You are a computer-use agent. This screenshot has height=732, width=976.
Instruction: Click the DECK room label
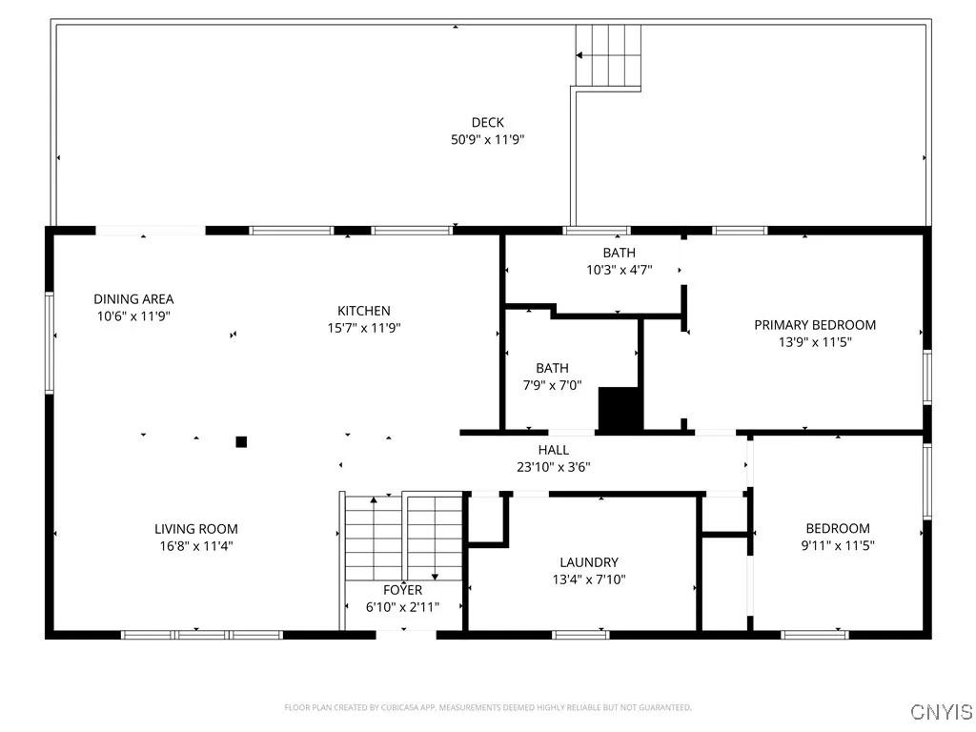487,122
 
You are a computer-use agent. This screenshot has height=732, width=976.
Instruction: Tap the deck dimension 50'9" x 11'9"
487,139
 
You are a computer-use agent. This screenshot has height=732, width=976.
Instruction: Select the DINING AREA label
133,298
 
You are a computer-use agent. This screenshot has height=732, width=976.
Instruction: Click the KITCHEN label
363,311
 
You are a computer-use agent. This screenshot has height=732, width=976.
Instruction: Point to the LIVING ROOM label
196,529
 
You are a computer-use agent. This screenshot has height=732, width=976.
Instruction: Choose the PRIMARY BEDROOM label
814,325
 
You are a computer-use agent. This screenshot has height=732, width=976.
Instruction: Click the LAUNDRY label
588,562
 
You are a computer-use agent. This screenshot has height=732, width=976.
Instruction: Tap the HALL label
553,450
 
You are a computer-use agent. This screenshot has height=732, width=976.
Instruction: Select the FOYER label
402,590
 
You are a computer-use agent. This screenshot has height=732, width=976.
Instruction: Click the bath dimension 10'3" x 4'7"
619,270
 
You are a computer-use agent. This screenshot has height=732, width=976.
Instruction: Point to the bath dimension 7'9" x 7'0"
552,385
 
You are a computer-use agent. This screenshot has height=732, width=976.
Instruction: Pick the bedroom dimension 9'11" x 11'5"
837,546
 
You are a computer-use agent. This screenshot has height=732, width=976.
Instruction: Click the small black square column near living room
241,441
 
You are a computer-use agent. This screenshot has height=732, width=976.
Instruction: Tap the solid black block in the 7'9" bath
620,409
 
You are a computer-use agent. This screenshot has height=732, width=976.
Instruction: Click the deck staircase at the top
608,55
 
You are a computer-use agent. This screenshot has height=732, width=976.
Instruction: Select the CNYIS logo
941,712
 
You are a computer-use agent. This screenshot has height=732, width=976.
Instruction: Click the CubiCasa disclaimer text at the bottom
487,707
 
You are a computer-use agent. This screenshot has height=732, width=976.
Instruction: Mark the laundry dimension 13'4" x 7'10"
588,579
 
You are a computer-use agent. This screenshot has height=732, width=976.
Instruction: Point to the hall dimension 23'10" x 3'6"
553,467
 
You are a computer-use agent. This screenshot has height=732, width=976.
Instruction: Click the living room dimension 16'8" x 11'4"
196,546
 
